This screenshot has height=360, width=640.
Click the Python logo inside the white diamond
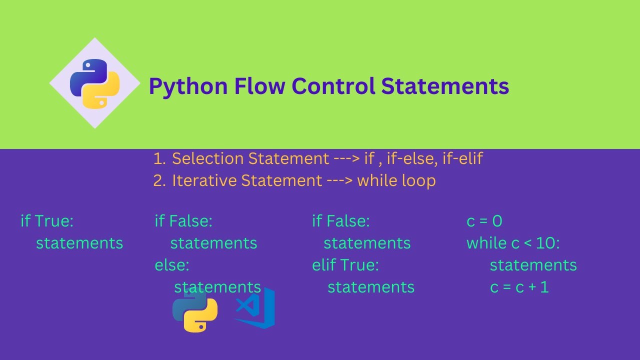(x=95, y=83)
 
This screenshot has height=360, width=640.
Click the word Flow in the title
(x=254, y=86)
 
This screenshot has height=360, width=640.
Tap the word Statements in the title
(x=445, y=86)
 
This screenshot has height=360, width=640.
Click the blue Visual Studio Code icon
(x=255, y=308)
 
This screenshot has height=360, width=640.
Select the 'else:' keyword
(x=172, y=265)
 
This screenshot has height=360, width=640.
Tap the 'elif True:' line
(x=345, y=265)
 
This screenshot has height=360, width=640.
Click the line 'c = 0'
(x=484, y=221)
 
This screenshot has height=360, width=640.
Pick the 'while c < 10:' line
(x=513, y=243)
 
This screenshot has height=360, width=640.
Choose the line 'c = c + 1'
(x=519, y=287)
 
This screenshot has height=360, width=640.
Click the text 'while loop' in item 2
(x=396, y=180)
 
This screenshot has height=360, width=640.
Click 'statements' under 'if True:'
(x=79, y=243)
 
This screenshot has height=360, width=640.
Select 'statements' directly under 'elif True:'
(x=371, y=287)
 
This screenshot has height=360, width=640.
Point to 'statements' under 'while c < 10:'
(x=533, y=265)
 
